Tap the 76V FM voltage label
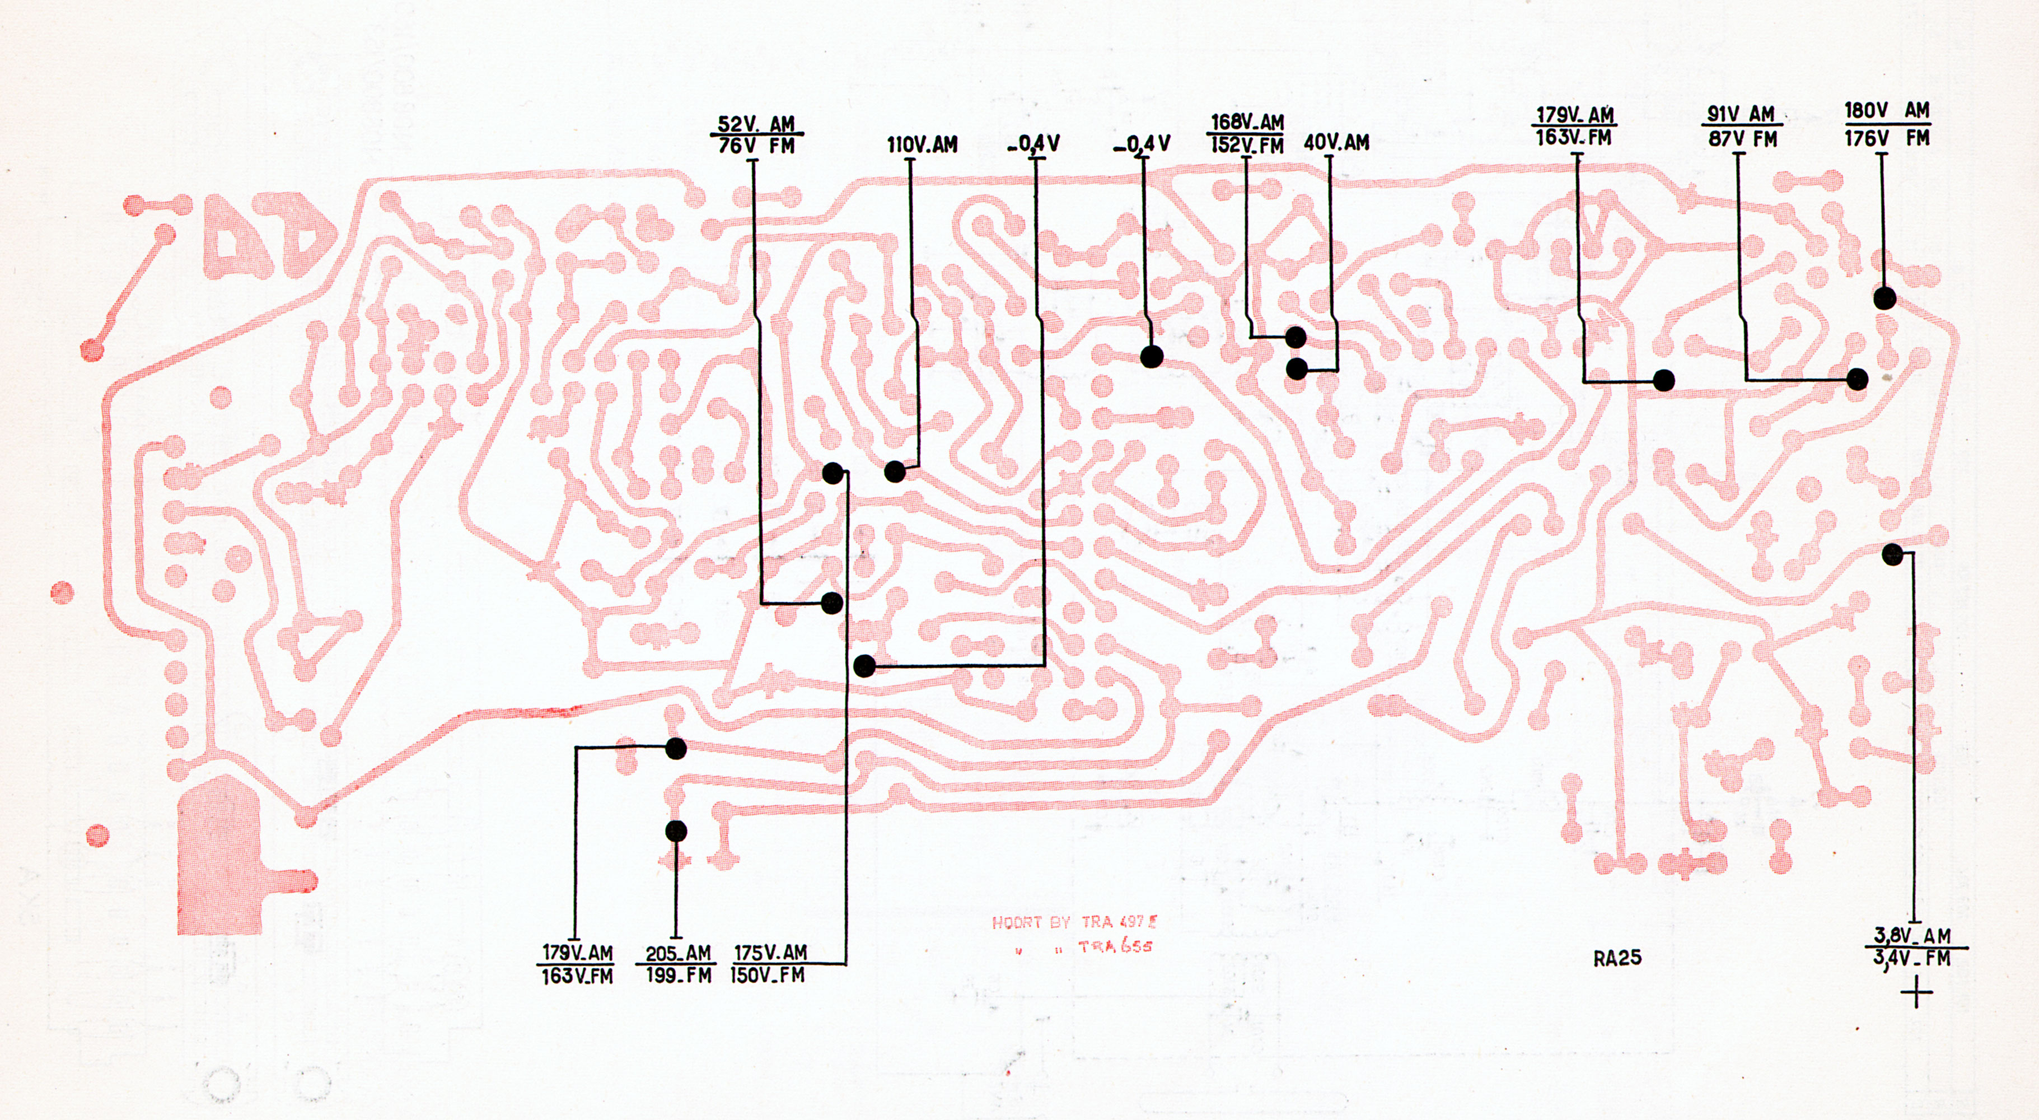coord(756,146)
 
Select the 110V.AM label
coord(922,145)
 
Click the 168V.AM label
coord(1247,123)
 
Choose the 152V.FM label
coord(1247,145)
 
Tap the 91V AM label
coord(1741,114)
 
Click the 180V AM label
coord(1887,111)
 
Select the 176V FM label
coord(1887,138)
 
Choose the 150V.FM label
coord(767,975)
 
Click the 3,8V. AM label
coord(1911,936)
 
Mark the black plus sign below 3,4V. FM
coord(1916,992)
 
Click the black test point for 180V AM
coord(1884,298)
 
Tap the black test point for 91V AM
coord(1857,379)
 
